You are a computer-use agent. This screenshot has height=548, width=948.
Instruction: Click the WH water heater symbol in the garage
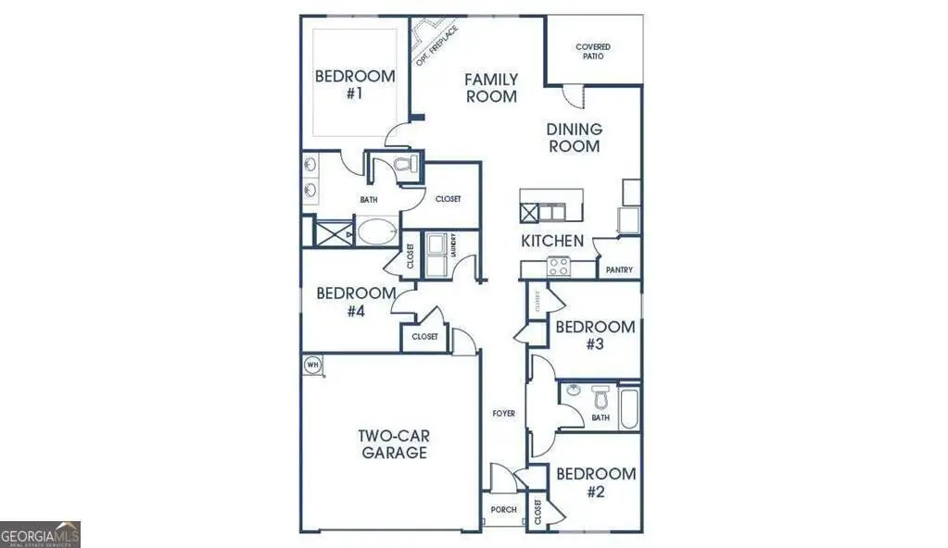(x=312, y=365)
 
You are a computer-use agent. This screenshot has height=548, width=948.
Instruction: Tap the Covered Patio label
(x=593, y=51)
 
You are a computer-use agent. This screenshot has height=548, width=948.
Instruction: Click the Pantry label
(x=619, y=270)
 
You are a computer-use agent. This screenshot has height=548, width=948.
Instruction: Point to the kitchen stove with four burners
(x=559, y=267)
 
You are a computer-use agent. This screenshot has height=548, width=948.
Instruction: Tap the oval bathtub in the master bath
(x=376, y=231)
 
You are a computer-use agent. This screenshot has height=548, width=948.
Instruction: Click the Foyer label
(x=503, y=413)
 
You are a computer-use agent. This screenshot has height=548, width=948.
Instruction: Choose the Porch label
(x=503, y=509)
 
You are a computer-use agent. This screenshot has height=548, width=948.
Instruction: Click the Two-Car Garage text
(x=394, y=444)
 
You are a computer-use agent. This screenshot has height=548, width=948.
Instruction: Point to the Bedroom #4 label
(x=342, y=303)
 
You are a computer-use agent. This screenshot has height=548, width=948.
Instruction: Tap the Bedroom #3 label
(x=594, y=335)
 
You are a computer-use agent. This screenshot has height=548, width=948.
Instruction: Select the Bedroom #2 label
(x=595, y=482)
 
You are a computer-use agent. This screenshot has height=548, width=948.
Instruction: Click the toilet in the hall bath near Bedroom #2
(x=599, y=400)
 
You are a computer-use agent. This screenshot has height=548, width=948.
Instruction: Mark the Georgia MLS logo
(x=41, y=534)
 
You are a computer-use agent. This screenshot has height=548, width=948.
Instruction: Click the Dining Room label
(x=574, y=138)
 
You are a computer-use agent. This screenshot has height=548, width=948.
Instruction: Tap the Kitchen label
(x=552, y=241)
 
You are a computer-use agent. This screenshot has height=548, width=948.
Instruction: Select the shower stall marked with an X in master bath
(x=330, y=231)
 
